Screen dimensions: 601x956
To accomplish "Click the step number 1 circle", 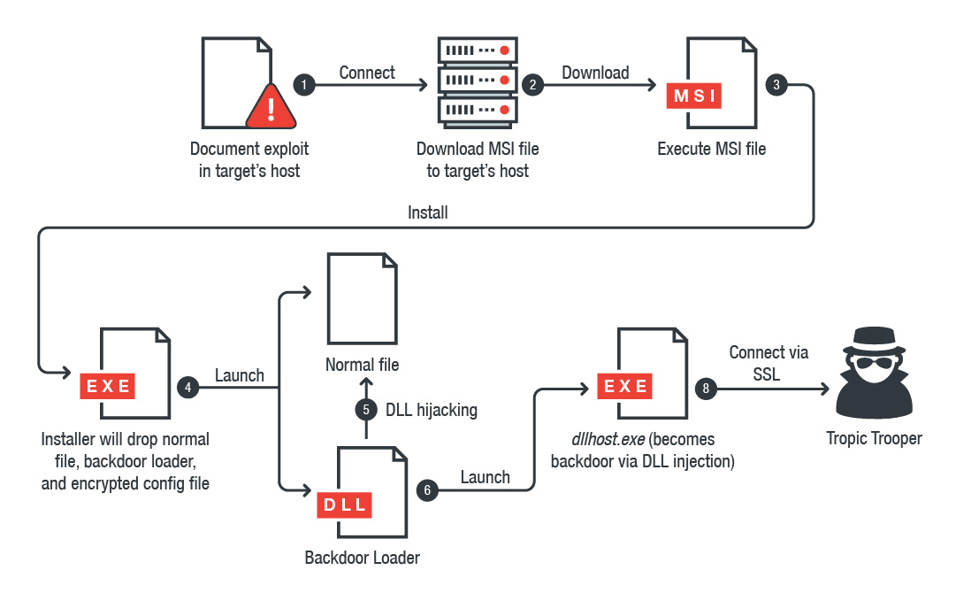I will (304, 85).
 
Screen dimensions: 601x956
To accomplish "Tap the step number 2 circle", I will (532, 85).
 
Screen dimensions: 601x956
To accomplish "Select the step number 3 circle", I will (776, 85).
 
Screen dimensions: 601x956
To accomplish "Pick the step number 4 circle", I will (187, 387).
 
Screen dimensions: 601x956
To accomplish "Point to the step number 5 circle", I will (366, 410).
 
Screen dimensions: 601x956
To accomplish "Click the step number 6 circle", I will (428, 489).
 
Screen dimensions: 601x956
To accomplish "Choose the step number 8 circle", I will (705, 387).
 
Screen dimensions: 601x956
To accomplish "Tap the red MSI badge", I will (694, 96).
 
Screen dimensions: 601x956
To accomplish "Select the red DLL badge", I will (345, 505).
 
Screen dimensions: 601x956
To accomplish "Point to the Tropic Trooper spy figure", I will (874, 372).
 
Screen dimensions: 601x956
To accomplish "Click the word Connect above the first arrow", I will (367, 73).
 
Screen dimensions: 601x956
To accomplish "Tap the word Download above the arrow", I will (595, 73).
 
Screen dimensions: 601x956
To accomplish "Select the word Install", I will (428, 212).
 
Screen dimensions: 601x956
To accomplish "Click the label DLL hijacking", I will (432, 410).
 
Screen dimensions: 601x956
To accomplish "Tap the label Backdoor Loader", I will (362, 558).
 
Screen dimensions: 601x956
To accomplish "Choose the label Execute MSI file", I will (711, 149).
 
